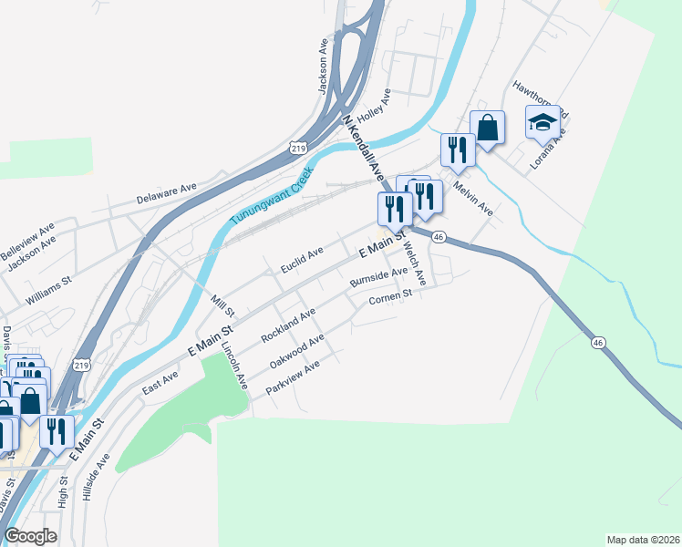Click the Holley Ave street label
pyautogui.click(x=374, y=108)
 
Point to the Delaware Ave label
pyautogui.click(x=167, y=192)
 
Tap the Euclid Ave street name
pyautogui.click(x=302, y=259)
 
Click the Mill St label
pyautogui.click(x=222, y=302)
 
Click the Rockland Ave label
pyautogui.click(x=288, y=325)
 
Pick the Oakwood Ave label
pyautogui.click(x=297, y=351)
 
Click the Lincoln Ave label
pyautogui.click(x=234, y=366)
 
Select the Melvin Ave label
pyautogui.click(x=473, y=198)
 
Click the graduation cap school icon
pyautogui.click(x=542, y=121)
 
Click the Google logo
pyautogui.click(x=31, y=536)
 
